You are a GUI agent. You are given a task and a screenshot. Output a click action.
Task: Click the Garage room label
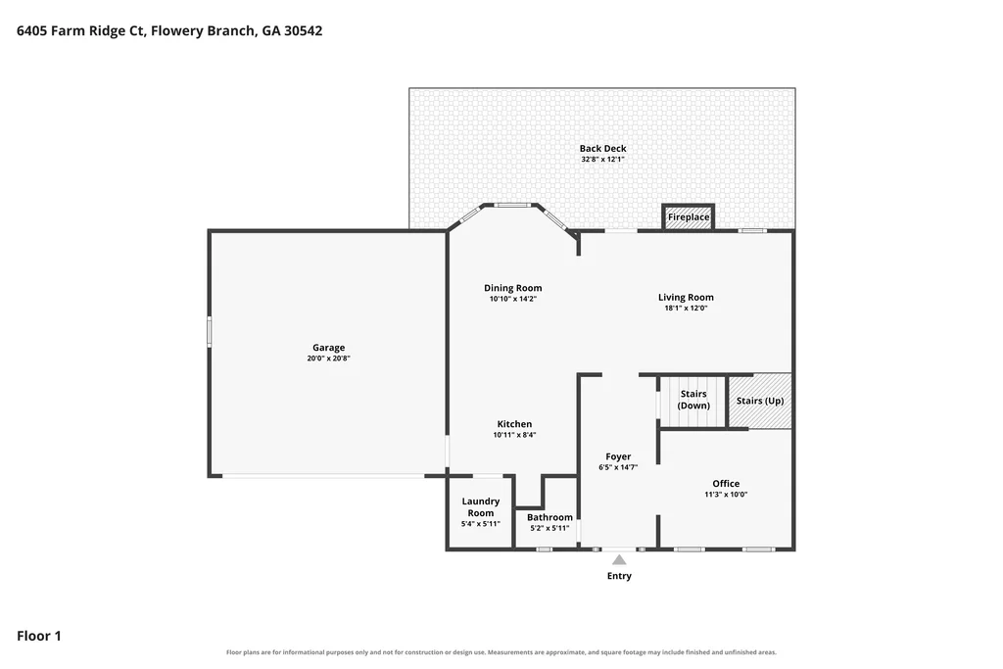coord(329,348)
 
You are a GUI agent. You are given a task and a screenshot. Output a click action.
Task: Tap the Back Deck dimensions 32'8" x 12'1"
coord(602,160)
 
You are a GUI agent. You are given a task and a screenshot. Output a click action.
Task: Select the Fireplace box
coord(689,216)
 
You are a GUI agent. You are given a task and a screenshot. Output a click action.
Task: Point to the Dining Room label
coord(512,288)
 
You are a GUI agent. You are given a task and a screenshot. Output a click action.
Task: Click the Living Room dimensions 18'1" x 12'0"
coord(686,308)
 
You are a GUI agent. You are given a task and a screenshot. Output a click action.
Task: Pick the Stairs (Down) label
coord(693,400)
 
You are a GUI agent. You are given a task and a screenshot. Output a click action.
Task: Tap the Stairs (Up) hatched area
coord(760,401)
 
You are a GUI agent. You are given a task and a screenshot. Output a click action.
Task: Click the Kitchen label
coord(514,424)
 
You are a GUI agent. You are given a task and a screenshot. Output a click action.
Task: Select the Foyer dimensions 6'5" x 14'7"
coord(618,467)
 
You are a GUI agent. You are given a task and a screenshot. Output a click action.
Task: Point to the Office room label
coord(726,484)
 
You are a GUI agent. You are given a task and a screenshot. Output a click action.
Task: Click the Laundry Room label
coord(480,507)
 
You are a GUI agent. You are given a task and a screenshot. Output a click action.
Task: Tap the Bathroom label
coord(549,517)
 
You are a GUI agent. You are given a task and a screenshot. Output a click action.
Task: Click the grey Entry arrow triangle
coord(619,559)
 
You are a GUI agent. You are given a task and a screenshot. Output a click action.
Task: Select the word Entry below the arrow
coord(619,576)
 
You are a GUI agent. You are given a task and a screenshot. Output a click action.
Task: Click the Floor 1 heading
coord(39,636)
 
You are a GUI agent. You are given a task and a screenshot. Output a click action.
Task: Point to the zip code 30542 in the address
coord(304,30)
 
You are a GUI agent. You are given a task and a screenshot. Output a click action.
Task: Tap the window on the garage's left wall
coord(210,333)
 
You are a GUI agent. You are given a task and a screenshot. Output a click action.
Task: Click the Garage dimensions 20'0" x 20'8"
coord(329,358)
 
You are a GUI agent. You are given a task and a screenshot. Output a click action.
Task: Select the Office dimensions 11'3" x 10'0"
coord(726,495)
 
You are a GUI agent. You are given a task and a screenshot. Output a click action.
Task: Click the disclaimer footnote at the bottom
coord(501,652)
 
